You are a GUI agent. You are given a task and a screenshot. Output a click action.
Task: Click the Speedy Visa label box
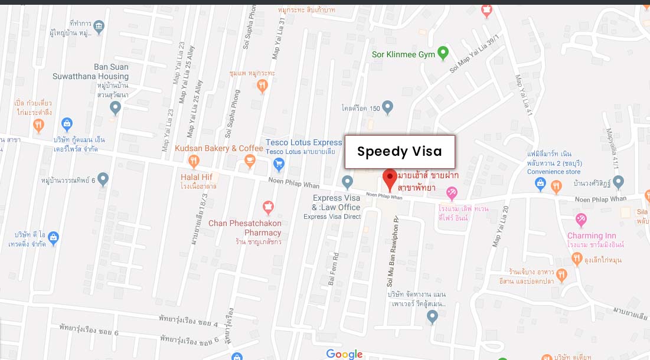click(x=400, y=152)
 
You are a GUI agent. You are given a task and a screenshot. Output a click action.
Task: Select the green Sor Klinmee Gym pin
click(x=444, y=55)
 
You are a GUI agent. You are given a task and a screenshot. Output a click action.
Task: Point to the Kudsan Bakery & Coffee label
click(x=219, y=148)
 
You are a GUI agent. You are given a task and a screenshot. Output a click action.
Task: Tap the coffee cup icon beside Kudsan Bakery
click(x=250, y=160)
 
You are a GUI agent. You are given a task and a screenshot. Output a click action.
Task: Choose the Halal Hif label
click(x=197, y=177)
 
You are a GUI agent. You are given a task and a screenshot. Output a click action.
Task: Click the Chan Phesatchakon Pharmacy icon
click(x=268, y=208)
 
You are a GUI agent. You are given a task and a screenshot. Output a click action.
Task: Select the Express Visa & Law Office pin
click(x=348, y=182)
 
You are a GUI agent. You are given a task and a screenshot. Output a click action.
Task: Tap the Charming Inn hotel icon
click(x=581, y=221)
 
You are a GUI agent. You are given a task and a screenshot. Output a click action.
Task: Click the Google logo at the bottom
click(x=344, y=354)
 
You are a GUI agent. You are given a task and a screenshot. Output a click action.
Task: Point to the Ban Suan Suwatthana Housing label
click(x=111, y=71)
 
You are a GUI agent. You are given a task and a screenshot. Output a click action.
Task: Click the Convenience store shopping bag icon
click(x=540, y=185)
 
